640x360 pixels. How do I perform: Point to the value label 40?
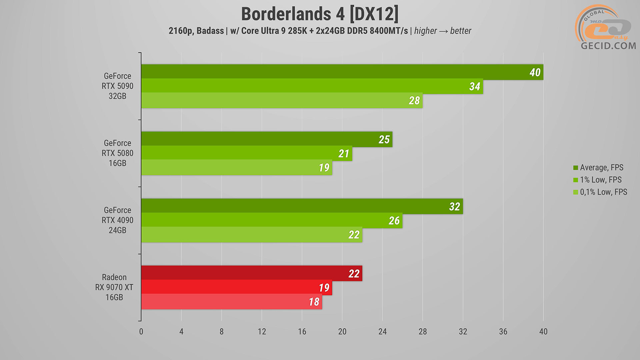[x=535, y=72]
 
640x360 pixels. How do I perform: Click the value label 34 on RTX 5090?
[x=474, y=86]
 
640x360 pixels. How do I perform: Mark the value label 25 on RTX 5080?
[x=384, y=139]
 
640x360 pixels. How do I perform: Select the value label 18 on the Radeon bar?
[x=314, y=302]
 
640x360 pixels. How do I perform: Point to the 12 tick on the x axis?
[x=262, y=331]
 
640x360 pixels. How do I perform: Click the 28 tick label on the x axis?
[x=422, y=331]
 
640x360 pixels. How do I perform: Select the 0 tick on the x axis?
[x=141, y=331]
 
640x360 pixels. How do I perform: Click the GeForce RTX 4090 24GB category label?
[x=117, y=220]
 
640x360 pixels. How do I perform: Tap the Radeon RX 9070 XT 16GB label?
[x=114, y=287]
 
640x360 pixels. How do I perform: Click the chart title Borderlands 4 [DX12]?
[x=320, y=14]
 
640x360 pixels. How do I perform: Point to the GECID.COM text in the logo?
[x=608, y=46]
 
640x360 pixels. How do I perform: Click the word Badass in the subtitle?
[x=210, y=31]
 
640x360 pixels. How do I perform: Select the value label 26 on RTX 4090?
[x=394, y=221]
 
